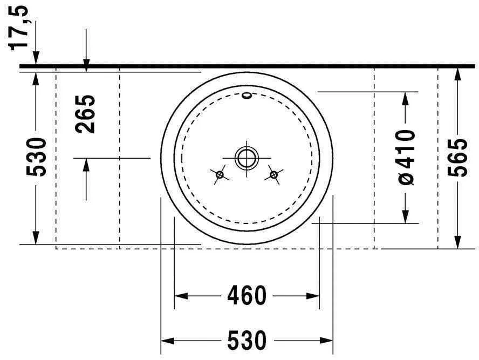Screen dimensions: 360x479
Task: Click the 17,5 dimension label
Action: [20, 27]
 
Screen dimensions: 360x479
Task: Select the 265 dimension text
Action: [86, 114]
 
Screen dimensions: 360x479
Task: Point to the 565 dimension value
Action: [458, 157]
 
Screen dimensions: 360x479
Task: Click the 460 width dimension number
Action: [247, 296]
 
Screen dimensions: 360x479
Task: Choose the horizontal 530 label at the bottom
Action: [247, 341]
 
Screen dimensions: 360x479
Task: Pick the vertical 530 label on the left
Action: [37, 157]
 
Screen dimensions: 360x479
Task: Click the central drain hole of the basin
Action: [247, 158]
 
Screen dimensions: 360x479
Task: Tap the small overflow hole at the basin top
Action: [247, 97]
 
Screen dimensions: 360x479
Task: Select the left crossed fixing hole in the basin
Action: [220, 174]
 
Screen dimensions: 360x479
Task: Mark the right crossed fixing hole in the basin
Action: [274, 174]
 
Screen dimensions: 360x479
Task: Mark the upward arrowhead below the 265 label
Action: [86, 165]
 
